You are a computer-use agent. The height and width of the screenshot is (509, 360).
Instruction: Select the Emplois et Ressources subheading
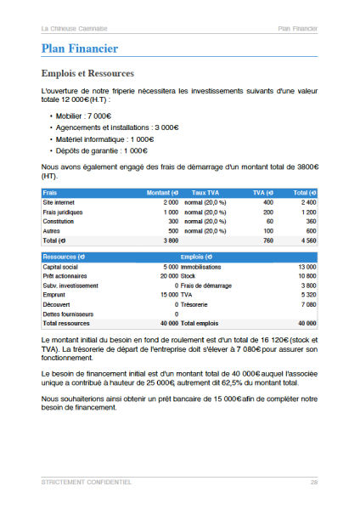[87, 73]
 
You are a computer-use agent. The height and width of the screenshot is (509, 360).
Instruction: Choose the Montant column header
[161, 193]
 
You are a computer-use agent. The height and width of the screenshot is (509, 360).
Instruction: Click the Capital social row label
[62, 267]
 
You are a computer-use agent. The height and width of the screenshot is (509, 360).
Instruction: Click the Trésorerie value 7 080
[307, 304]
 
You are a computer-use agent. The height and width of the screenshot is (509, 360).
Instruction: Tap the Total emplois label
[200, 323]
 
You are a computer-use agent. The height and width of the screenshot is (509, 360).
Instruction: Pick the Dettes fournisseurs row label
[68, 314]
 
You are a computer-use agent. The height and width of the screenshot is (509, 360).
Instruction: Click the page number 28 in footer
[313, 482]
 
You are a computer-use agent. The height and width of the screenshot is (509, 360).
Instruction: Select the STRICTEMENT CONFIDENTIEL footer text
[86, 482]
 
